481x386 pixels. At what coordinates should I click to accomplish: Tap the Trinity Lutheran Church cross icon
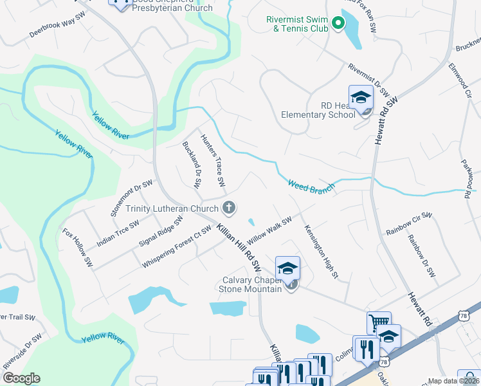point(228,207)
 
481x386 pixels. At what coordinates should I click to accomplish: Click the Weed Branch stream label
point(311,187)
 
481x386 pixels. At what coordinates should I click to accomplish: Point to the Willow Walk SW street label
point(270,229)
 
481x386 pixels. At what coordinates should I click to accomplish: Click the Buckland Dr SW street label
point(192,165)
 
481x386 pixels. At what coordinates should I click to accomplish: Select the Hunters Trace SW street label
point(213,161)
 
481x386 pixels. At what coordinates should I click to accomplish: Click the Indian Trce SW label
point(118,234)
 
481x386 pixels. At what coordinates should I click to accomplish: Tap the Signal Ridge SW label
point(161,232)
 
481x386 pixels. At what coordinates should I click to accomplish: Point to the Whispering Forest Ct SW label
point(177,247)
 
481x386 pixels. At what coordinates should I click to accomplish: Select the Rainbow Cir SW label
point(406,223)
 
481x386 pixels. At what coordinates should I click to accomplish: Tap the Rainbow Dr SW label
point(421,255)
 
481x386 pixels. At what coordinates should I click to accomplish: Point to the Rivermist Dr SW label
point(369,79)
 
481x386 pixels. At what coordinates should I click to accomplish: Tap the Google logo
point(21,378)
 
